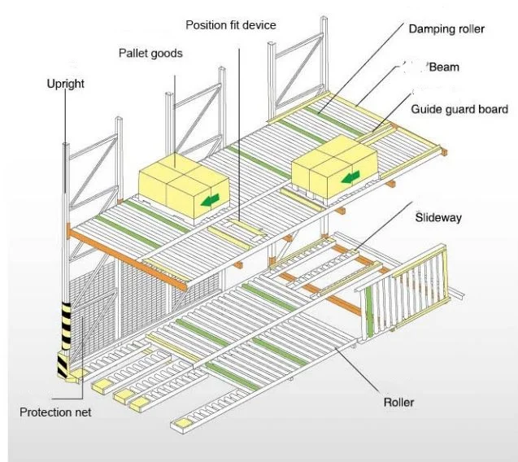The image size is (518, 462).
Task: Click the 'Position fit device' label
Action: pyautogui.click(x=230, y=25)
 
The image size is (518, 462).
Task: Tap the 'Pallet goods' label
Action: pyautogui.click(x=150, y=54)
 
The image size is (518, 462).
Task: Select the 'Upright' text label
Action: pyautogui.click(x=65, y=84)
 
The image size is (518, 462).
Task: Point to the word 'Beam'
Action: pyautogui.click(x=443, y=68)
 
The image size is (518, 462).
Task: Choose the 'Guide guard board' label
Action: pyautogui.click(x=459, y=109)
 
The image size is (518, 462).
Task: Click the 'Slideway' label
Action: pyautogui.click(x=438, y=218)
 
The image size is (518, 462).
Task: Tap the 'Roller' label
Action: pyautogui.click(x=399, y=402)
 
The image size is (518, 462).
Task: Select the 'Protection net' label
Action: pyautogui.click(x=55, y=412)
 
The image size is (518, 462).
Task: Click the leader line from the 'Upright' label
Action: pyautogui.click(x=65, y=195)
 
